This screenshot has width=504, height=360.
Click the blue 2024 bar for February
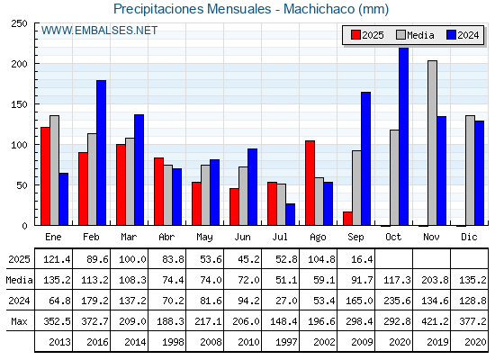coord(101,153)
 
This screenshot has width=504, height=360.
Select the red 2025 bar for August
coord(310,183)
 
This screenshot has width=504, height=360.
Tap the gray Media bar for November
coord(432,143)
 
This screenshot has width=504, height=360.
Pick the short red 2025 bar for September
coord(347,219)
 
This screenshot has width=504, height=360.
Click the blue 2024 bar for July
coord(290,214)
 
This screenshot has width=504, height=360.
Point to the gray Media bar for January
coord(54,170)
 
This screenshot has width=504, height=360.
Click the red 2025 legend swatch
coord(355,35)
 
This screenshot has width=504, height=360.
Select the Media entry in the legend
coord(415,35)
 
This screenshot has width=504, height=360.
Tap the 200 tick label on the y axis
coord(20,64)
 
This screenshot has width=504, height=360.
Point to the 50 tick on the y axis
coord(22,185)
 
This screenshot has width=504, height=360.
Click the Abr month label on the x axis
coord(166,237)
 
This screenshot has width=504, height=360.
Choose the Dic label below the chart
coord(469,237)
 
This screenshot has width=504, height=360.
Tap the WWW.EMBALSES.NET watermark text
coord(99,31)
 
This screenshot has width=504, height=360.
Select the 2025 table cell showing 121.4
coord(57,259)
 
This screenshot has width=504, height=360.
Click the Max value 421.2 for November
coord(435,321)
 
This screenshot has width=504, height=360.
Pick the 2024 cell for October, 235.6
coord(397,301)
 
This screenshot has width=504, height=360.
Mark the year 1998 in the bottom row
coord(173,342)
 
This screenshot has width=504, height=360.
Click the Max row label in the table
coord(19,321)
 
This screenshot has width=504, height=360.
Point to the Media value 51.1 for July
coord(286,280)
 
